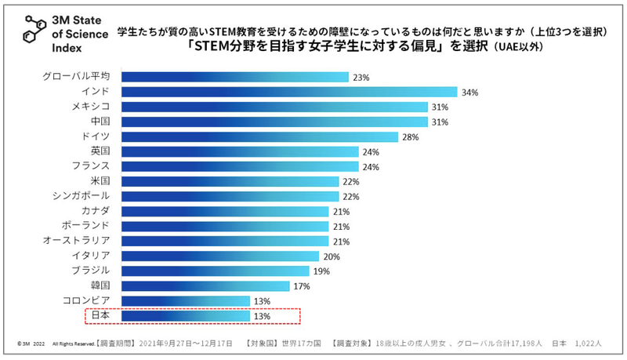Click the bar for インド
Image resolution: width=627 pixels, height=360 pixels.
(x=290, y=92)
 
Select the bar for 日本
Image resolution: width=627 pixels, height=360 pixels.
(x=186, y=316)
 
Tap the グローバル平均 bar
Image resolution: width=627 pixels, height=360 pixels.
(x=235, y=77)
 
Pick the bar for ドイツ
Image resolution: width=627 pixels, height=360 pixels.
(x=260, y=136)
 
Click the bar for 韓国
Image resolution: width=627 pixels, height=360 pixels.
(x=206, y=286)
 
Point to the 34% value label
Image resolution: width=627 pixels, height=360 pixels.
(x=470, y=92)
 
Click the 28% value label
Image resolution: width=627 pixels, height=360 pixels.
(x=411, y=136)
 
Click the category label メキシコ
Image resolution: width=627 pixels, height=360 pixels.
(x=90, y=107)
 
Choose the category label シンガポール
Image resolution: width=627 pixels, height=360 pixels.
(x=81, y=196)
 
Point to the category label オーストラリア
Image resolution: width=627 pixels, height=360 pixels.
(x=76, y=241)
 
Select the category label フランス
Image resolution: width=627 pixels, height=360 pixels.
(x=90, y=166)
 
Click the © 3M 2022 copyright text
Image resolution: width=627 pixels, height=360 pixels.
(x=30, y=344)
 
